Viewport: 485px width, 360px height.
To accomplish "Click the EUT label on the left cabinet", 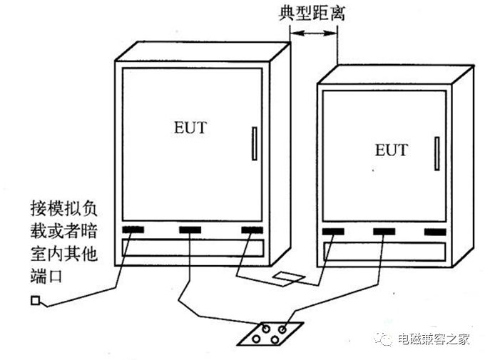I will [x=190, y=128].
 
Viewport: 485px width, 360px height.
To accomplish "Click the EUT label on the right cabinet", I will [x=391, y=150].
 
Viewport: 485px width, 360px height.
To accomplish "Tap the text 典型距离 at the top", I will [x=312, y=14].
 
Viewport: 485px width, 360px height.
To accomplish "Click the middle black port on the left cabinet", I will [x=190, y=230].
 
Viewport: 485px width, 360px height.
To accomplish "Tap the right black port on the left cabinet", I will [x=252, y=230].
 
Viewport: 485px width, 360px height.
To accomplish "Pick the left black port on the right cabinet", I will [x=332, y=232].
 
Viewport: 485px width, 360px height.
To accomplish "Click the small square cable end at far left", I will [x=35, y=300].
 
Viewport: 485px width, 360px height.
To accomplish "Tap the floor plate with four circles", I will [x=272, y=332].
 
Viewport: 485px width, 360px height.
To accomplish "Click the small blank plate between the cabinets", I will [x=290, y=277].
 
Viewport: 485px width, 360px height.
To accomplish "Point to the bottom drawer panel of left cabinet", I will [x=193, y=247].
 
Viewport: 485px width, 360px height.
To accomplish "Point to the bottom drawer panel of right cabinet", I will [x=386, y=251].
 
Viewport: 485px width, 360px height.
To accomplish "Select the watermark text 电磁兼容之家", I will [x=434, y=339].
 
